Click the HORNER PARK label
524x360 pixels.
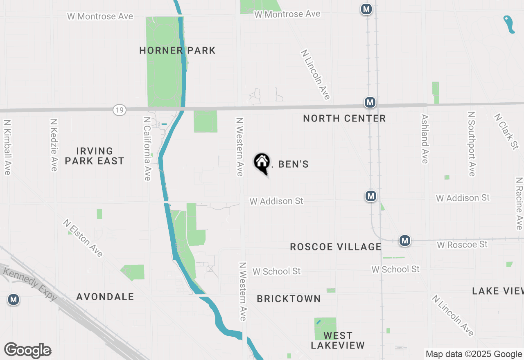[177, 50]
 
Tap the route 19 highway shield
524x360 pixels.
[120, 110]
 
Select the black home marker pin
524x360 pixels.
[262, 163]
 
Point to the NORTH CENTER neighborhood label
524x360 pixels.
[344, 119]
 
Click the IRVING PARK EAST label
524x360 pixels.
[95, 156]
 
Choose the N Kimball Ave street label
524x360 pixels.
[7, 147]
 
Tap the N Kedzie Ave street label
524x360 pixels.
[54, 145]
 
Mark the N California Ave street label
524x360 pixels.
[147, 148]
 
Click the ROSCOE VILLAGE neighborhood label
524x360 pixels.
[336, 247]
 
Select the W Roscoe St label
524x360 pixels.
[462, 245]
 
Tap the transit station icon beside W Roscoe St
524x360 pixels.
[405, 241]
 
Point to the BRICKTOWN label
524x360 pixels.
[289, 299]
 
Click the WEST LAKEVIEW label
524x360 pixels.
[338, 341]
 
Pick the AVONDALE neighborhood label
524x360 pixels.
[105, 297]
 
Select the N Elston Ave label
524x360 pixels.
[83, 238]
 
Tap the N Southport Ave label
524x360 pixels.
[471, 144]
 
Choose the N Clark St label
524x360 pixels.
[507, 131]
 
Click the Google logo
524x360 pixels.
[27, 350]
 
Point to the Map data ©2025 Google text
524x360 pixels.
[474, 354]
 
